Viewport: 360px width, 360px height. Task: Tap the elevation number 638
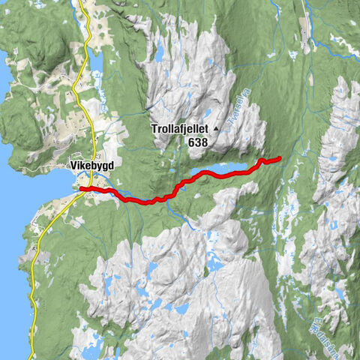click(199, 141)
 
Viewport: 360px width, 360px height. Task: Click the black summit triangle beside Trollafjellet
click(217, 129)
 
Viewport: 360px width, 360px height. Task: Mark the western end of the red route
click(81, 188)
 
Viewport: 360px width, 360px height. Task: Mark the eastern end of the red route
click(279, 158)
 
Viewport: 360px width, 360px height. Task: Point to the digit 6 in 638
click(192, 141)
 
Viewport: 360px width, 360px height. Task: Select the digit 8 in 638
click(205, 141)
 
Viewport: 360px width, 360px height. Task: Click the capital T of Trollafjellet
click(154, 129)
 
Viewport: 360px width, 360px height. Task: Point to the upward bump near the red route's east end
click(262, 160)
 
